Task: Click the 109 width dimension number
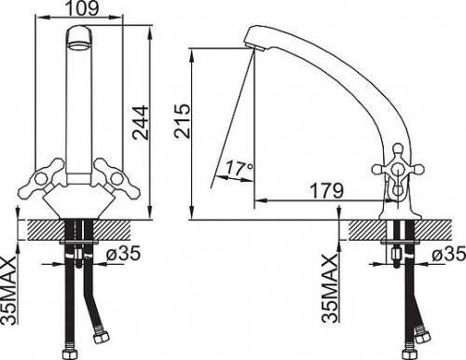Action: [82, 8]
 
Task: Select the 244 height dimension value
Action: [140, 122]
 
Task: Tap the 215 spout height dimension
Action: [182, 121]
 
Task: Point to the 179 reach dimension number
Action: [327, 190]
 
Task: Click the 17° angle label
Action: [240, 168]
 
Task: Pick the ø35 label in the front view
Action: [123, 254]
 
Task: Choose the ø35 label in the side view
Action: [448, 254]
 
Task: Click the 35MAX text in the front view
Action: [9, 290]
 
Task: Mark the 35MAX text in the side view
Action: [330, 287]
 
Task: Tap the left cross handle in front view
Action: [42, 178]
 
